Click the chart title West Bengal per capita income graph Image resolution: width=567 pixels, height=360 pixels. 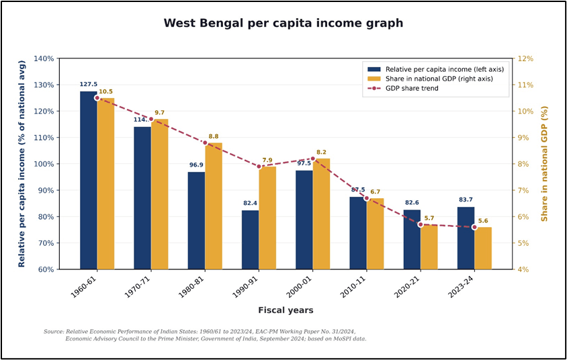(283, 23)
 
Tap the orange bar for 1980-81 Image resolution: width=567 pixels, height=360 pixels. (214, 206)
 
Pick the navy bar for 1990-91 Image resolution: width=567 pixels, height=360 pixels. (250, 239)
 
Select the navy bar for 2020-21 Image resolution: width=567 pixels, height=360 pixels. (411, 239)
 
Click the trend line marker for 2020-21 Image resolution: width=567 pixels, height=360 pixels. (421, 224)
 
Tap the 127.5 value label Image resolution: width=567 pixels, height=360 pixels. (89, 85)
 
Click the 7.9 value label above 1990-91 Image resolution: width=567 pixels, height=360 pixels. (267, 160)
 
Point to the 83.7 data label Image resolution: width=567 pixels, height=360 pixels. (466, 200)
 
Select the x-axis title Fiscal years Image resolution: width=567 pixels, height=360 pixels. (286, 310)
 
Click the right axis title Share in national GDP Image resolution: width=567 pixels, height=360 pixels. (545, 164)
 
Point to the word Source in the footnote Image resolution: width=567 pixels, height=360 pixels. (54, 332)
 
